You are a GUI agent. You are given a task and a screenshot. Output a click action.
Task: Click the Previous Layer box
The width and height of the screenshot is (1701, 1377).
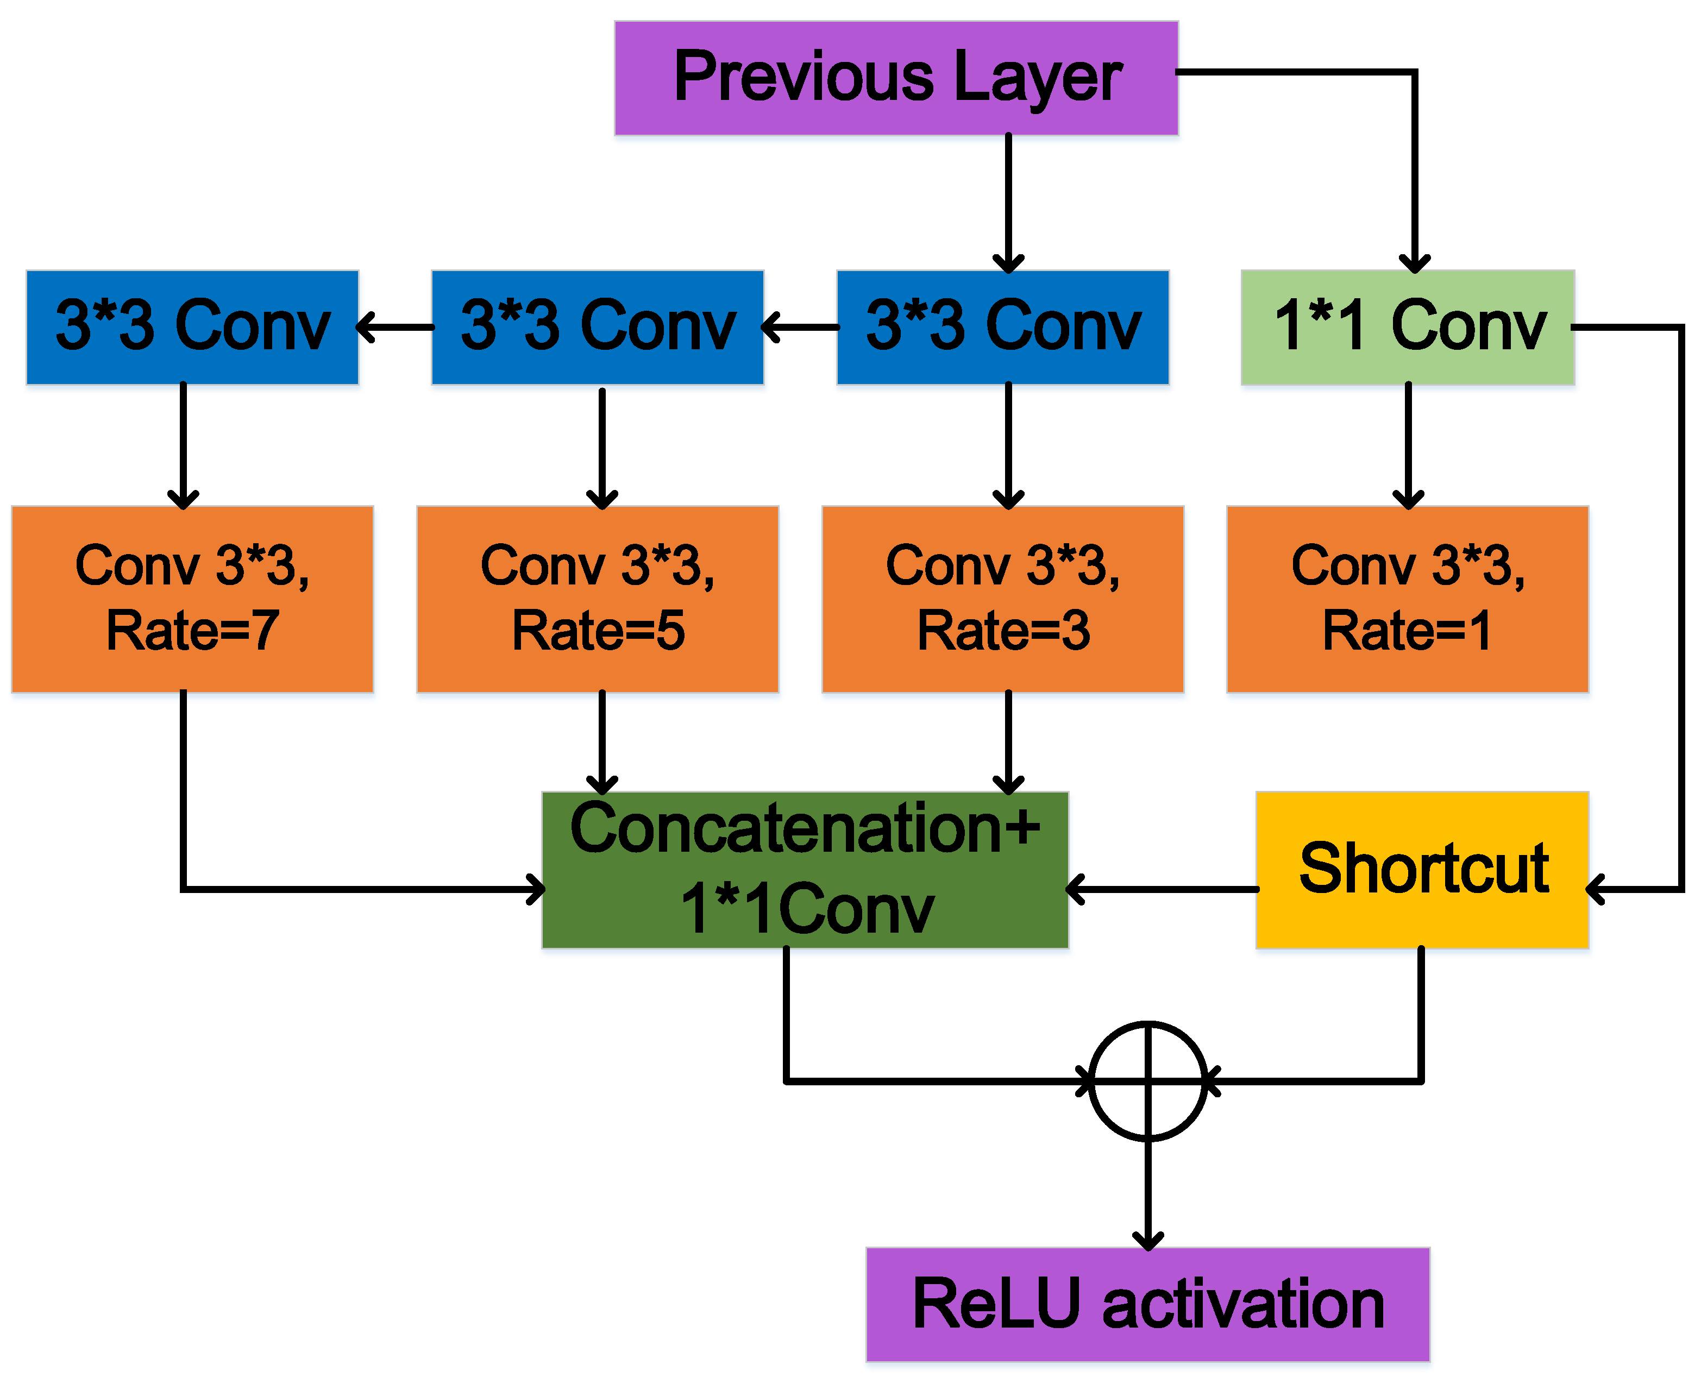tap(896, 78)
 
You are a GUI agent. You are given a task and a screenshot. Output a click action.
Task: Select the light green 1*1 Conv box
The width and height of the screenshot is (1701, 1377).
tap(1408, 327)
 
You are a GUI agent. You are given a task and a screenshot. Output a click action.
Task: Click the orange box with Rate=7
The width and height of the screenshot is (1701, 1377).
tap(192, 599)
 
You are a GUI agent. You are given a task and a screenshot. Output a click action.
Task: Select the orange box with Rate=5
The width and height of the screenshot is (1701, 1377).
tap(598, 599)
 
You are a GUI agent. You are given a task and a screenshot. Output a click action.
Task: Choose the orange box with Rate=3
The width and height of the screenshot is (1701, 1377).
tap(1003, 599)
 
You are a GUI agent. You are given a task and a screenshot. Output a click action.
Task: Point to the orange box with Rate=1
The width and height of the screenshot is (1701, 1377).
tap(1408, 599)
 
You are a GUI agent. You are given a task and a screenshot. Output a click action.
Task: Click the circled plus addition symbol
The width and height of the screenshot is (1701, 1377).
tap(1148, 1080)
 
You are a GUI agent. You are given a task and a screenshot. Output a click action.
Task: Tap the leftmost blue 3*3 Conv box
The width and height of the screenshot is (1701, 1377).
tap(192, 327)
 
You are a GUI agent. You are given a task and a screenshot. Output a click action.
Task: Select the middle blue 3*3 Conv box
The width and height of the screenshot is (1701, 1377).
tap(598, 327)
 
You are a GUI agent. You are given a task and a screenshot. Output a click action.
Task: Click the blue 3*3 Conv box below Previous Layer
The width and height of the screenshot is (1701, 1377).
tap(1003, 327)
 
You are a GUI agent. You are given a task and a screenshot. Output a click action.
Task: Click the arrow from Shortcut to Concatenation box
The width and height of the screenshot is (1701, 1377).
tap(1162, 889)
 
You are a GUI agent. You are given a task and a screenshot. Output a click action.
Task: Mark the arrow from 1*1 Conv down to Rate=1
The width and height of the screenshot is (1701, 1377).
tap(1408, 444)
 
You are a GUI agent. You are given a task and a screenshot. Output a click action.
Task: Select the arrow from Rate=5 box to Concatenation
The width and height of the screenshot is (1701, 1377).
tap(602, 741)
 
